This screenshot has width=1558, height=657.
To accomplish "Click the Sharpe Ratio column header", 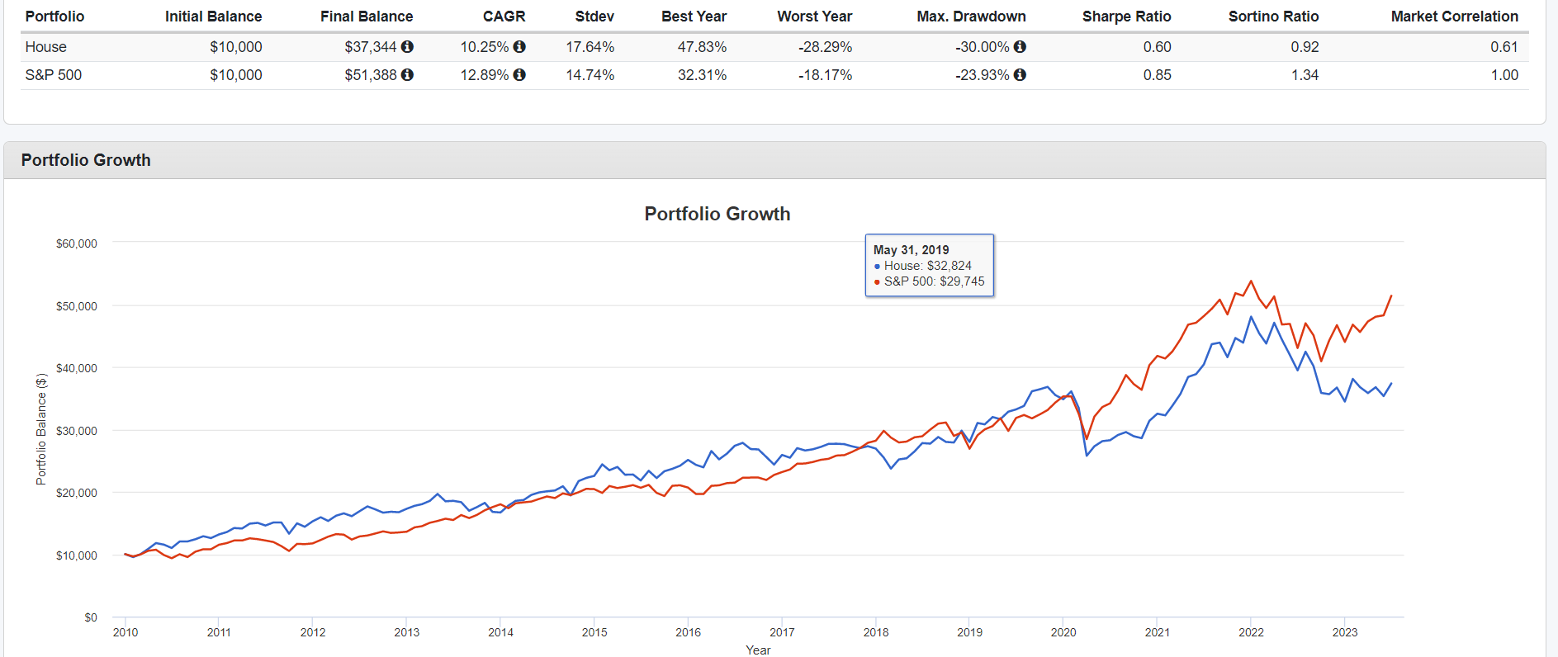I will (x=1126, y=17).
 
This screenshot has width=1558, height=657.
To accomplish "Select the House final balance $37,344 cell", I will (x=371, y=47).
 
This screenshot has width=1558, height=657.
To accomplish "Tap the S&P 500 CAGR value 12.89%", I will (x=485, y=75).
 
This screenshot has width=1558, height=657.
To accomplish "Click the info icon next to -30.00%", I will (x=1020, y=47).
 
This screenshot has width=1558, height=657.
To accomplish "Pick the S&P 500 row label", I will (x=54, y=75).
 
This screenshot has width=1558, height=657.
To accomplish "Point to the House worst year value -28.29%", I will (x=825, y=47).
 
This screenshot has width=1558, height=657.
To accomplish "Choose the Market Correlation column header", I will (x=1454, y=17).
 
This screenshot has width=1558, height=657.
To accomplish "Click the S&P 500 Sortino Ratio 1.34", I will (x=1305, y=75).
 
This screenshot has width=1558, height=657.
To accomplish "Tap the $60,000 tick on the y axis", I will (x=77, y=243).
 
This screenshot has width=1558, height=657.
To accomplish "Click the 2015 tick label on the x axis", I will (x=594, y=632).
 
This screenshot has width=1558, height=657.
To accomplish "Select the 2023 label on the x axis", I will (x=1344, y=632).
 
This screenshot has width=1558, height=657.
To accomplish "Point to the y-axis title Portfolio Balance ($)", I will (x=41, y=429).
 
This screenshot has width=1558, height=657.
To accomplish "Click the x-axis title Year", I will (x=758, y=650).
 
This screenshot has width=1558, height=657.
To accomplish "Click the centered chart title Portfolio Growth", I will (x=717, y=215).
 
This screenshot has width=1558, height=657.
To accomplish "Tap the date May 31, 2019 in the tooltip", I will (x=911, y=250).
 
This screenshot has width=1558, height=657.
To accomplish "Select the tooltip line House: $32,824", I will (x=927, y=266).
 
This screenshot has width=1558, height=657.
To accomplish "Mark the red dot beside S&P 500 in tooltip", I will (x=877, y=282).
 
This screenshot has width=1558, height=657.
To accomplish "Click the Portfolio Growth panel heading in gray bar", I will (x=86, y=160).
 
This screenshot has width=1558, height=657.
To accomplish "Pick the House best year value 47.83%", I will (x=702, y=47).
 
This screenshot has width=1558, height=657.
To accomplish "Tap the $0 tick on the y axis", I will (x=91, y=617).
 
